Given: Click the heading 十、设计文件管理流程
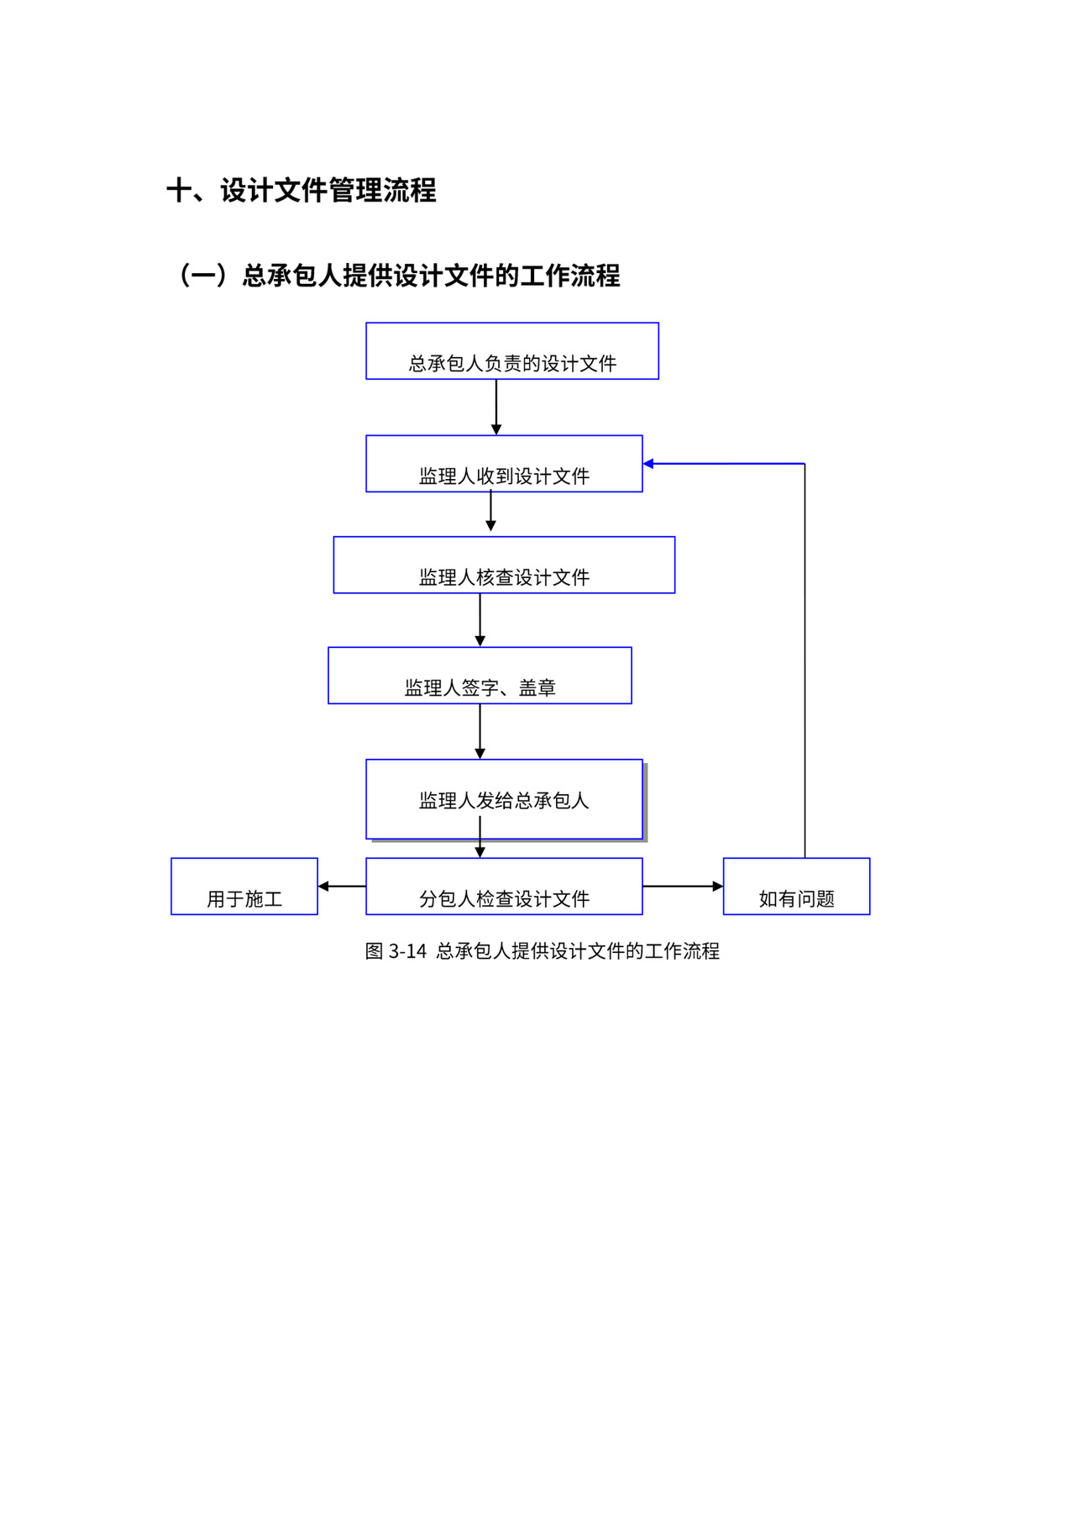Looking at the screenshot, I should (302, 191).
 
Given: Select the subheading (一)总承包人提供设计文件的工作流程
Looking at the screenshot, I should (397, 276).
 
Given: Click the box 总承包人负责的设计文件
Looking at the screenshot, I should (512, 351).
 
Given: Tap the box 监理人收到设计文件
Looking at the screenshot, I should (504, 464).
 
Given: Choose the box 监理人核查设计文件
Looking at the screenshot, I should (504, 565).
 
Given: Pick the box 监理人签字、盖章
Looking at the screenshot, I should (480, 676).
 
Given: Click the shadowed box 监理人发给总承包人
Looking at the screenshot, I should (504, 799).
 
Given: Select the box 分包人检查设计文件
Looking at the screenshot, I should (504, 887).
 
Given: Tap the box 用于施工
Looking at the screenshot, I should (244, 887).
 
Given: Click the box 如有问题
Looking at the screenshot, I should (796, 887).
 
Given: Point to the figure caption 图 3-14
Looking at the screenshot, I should (542, 951).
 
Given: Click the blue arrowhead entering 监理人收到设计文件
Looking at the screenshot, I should (649, 464).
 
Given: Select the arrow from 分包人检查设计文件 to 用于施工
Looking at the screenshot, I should (342, 887).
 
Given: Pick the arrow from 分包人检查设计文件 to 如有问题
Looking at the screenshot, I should (683, 887).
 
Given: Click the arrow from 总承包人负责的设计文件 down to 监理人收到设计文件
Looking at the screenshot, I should (496, 407).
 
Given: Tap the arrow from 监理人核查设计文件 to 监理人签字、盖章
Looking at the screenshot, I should (480, 620).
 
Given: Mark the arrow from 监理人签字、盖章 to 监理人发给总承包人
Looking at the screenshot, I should (480, 731).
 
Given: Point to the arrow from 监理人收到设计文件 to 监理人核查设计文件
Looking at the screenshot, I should (491, 513).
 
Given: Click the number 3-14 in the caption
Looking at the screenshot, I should (408, 951).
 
